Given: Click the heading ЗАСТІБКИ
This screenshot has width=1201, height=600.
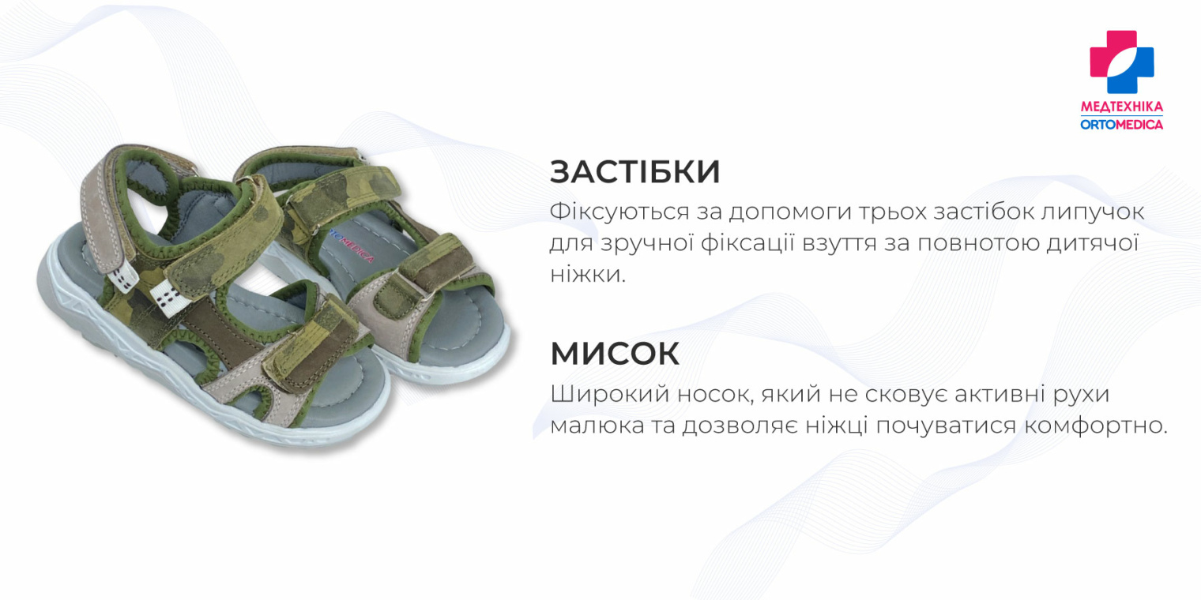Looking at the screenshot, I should [634, 172].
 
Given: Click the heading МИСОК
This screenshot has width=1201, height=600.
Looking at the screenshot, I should [615, 354].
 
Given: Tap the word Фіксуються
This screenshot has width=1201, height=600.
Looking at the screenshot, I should [612, 212].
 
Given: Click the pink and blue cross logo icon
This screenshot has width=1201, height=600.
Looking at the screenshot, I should [1121, 62].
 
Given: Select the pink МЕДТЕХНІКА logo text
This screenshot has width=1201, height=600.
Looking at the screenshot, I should [1121, 107].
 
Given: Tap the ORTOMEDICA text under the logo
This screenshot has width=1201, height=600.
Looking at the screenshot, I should [1121, 124].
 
